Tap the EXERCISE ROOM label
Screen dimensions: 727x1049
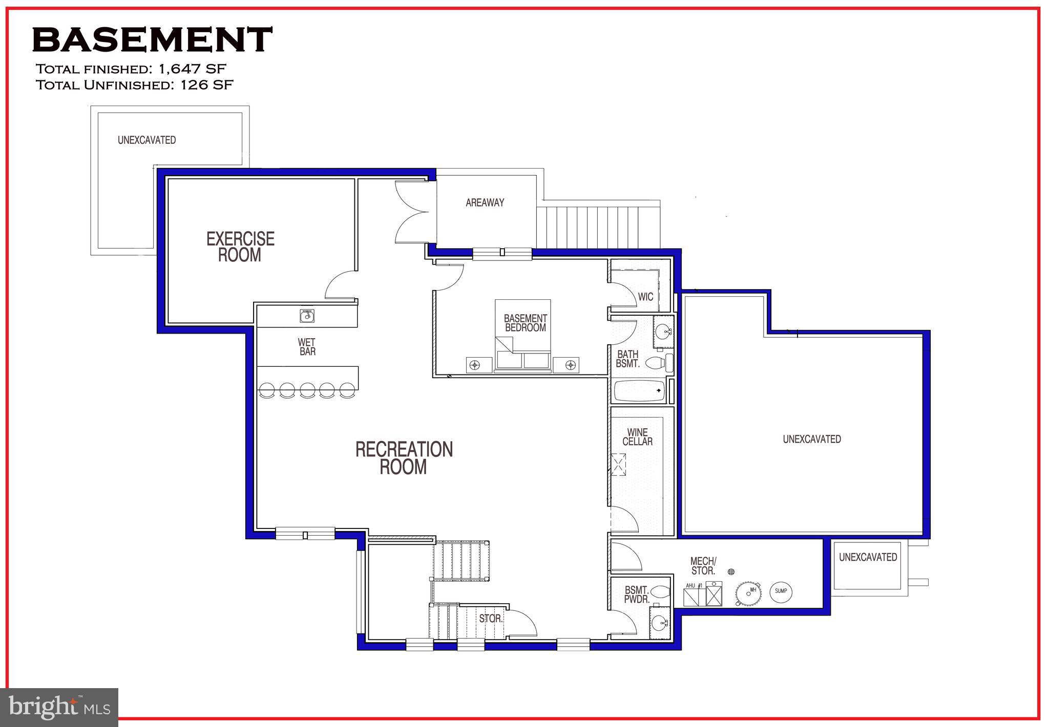[x=240, y=247]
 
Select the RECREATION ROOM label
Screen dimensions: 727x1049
[x=404, y=458]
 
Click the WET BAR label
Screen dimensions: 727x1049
[x=307, y=347]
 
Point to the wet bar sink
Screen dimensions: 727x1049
[x=307, y=316]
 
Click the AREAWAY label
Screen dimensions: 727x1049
[x=485, y=203]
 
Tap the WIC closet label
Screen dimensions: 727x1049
[x=645, y=297]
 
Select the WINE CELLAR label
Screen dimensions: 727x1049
[x=637, y=437]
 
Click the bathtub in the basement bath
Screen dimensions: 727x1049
[x=639, y=391]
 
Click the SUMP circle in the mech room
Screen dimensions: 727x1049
[x=781, y=591]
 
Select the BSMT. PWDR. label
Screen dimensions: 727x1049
[x=637, y=594]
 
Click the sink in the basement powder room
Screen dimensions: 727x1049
[x=660, y=623]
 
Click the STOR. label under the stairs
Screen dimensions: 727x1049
[x=491, y=619]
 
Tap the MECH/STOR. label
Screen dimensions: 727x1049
[x=703, y=566]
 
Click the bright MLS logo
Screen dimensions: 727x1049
[x=59, y=708]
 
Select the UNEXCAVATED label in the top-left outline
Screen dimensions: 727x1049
[x=146, y=140]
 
